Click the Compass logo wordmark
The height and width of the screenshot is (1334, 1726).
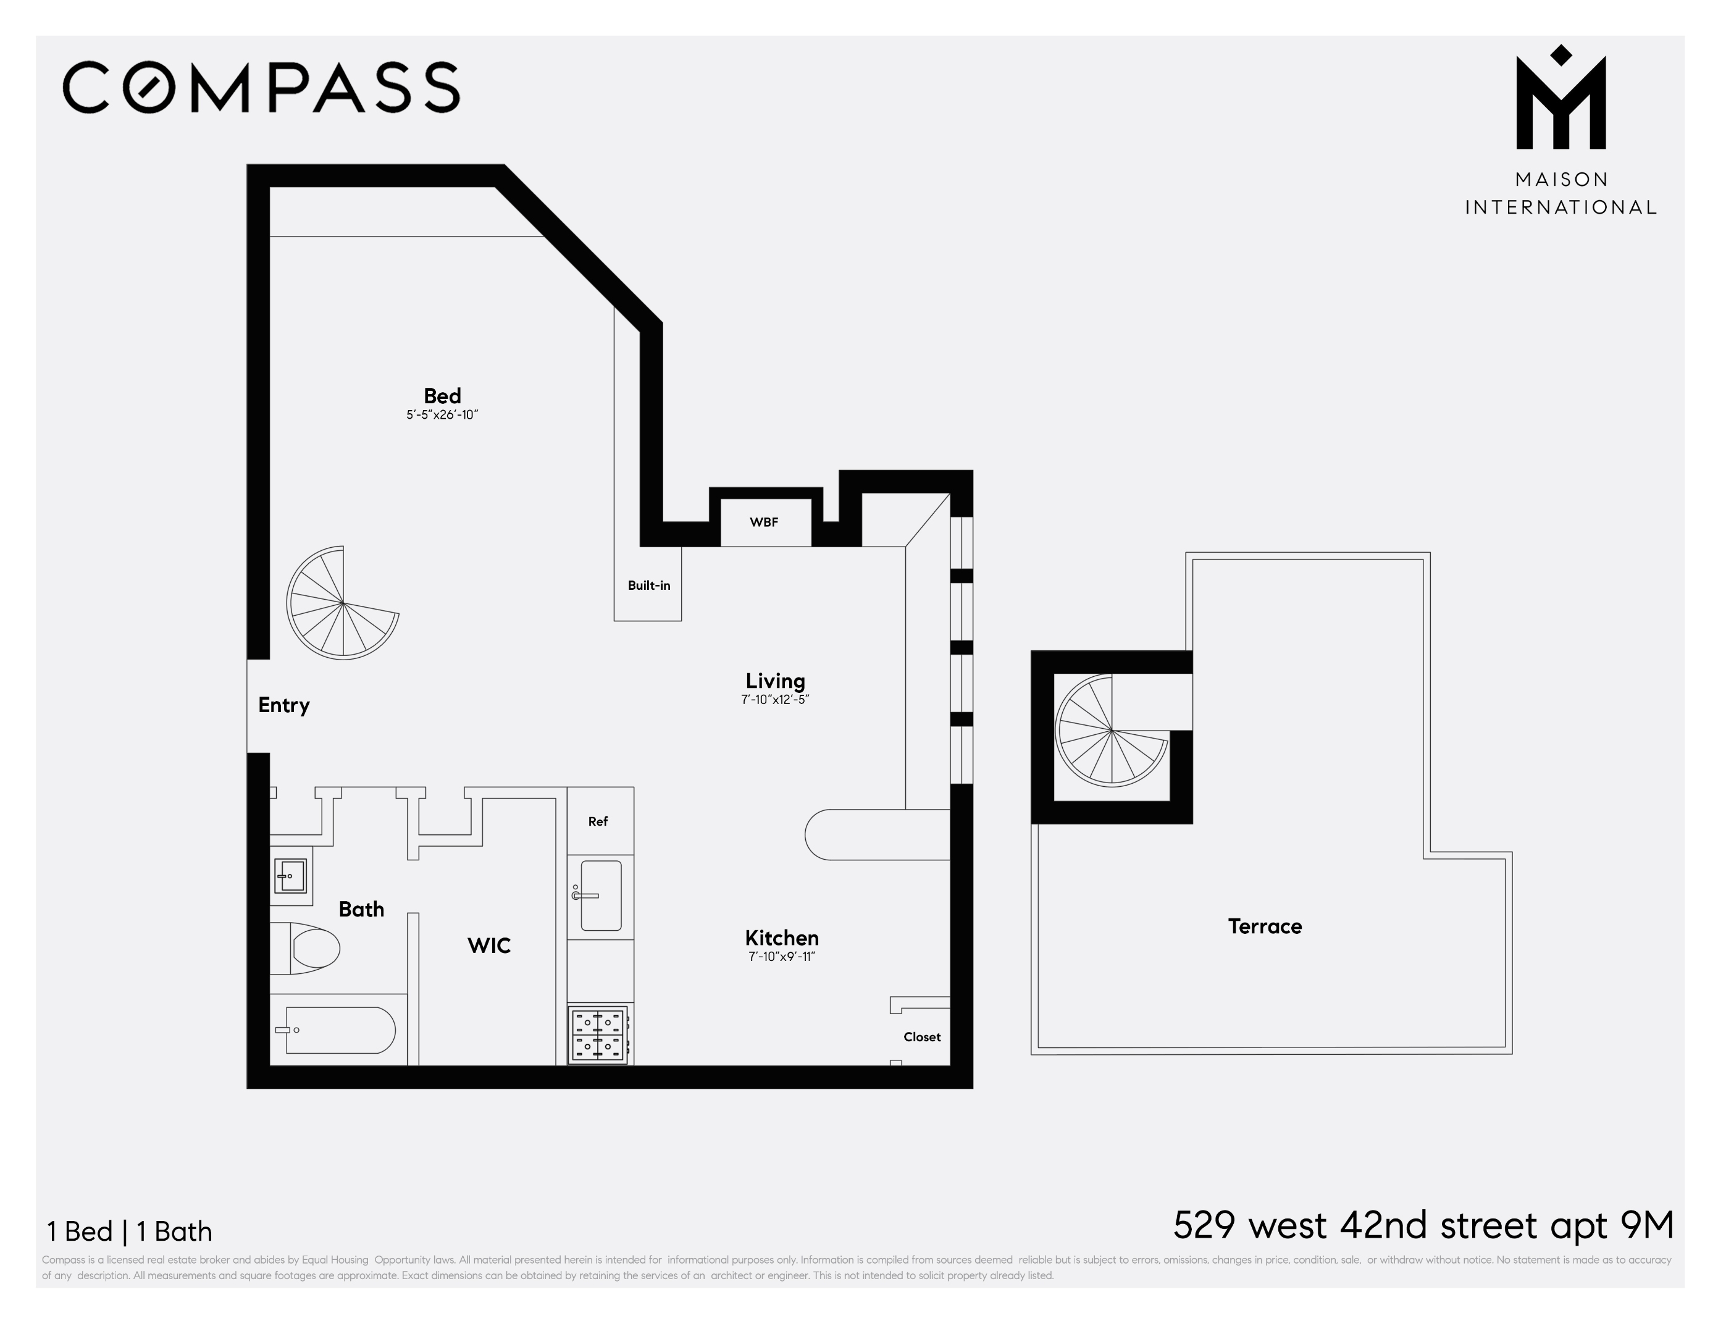[x=261, y=87]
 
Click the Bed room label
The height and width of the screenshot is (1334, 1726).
[x=442, y=396]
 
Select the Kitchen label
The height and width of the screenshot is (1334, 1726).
[x=782, y=938]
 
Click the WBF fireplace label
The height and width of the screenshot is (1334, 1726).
[x=763, y=522]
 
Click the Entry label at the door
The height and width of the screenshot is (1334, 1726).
[x=283, y=705]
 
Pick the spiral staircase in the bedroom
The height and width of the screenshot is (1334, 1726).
[x=343, y=603]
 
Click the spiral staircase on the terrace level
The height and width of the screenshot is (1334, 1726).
[x=1111, y=731]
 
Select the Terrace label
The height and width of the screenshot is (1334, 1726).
[x=1265, y=926]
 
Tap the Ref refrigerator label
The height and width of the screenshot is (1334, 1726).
[x=598, y=822]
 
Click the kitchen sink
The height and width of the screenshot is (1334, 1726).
[x=601, y=896]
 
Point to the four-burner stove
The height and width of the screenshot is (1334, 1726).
[x=599, y=1035]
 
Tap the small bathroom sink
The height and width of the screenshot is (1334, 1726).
[x=290, y=876]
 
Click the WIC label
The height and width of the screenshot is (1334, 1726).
[x=488, y=945]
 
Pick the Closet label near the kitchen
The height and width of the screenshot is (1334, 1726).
[x=921, y=1037]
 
